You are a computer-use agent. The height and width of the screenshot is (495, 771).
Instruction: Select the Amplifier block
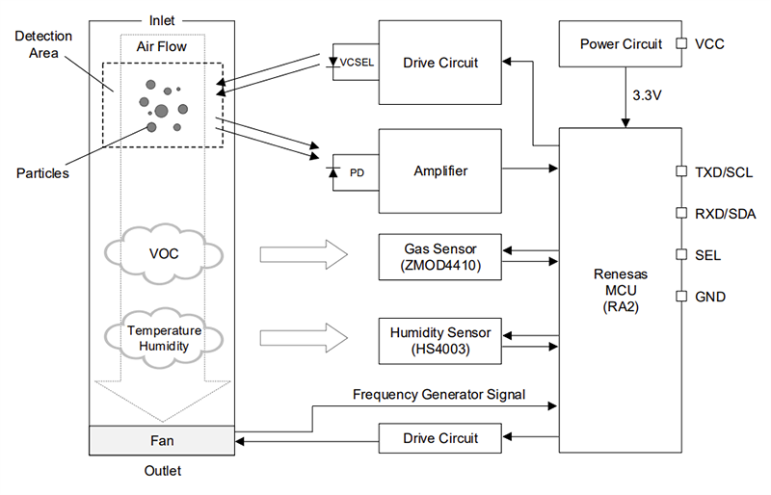(x=439, y=171)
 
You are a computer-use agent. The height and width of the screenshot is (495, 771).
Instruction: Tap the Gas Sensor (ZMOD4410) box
(x=439, y=256)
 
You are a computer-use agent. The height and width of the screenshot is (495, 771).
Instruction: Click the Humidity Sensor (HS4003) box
(x=439, y=341)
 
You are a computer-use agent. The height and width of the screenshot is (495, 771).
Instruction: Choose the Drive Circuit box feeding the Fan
(x=439, y=438)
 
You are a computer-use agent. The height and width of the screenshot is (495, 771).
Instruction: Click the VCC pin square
(x=681, y=43)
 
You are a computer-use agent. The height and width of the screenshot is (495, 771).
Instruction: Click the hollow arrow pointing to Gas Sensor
(x=302, y=256)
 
